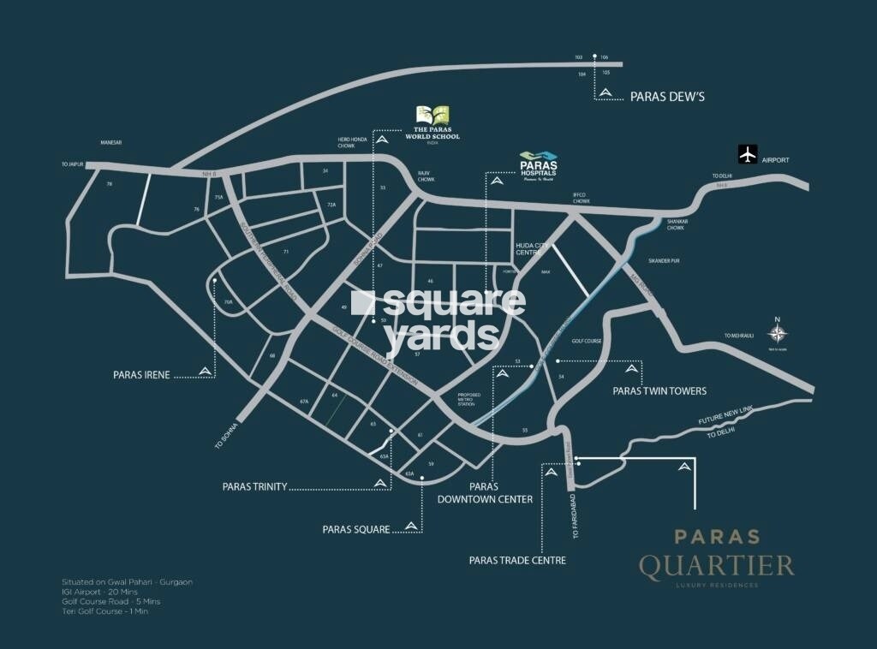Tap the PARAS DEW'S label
(667, 97)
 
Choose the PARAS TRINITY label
(254, 486)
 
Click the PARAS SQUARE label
(356, 529)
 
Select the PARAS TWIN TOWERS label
(659, 390)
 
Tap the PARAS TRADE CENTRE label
(517, 561)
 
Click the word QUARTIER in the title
(716, 565)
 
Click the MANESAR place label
(112, 142)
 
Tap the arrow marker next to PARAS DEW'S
(606, 92)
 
